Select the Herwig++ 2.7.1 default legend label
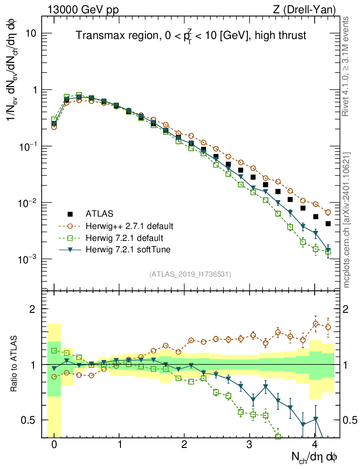[130, 226]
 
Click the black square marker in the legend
[70, 213]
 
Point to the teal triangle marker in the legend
[70, 250]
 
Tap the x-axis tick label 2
[184, 444]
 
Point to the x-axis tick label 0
[54, 444]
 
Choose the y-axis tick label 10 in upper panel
[32, 33]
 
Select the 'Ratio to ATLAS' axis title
[15, 364]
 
